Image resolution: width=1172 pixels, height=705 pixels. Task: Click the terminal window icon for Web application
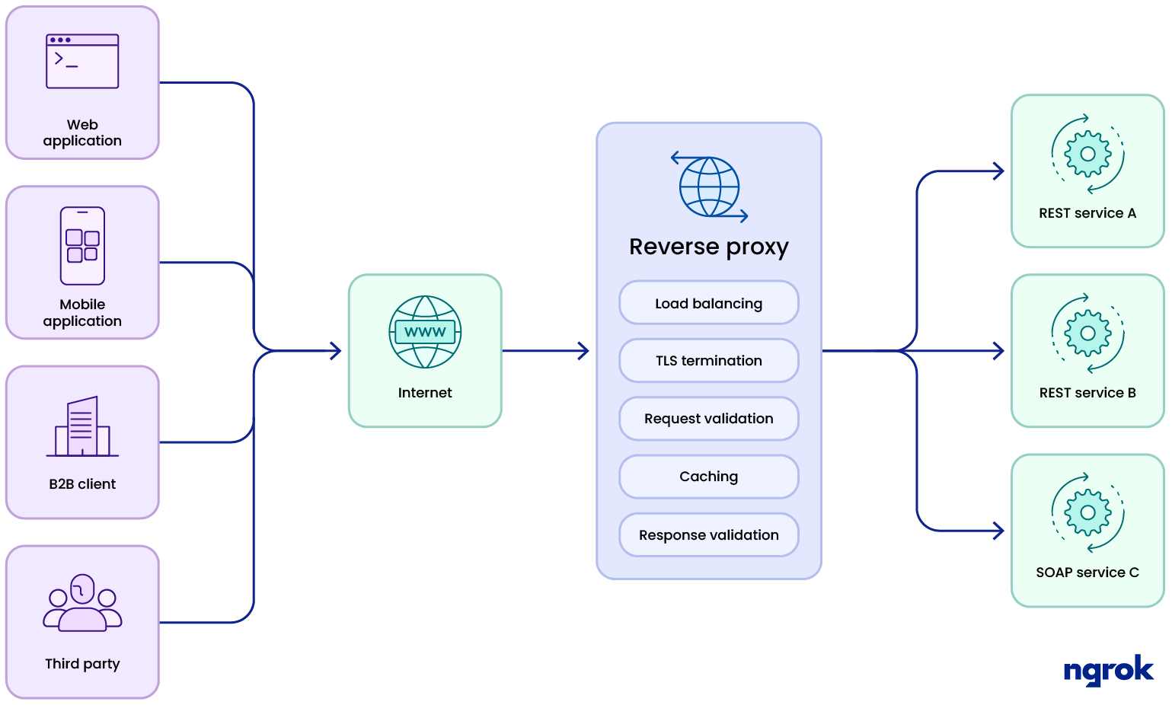pyautogui.click(x=82, y=62)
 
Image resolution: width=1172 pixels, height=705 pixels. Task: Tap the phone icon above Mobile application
pyautogui.click(x=82, y=246)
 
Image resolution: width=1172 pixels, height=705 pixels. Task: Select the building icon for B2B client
pyautogui.click(x=82, y=427)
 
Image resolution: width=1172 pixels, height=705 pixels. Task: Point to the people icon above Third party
pyautogui.click(x=82, y=604)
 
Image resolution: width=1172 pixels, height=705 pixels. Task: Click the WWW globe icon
pyautogui.click(x=425, y=332)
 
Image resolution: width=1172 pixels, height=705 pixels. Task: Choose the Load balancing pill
pyautogui.click(x=708, y=303)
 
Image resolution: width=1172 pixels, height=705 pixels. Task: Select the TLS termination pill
pyautogui.click(x=708, y=361)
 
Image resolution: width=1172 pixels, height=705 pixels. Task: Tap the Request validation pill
pyautogui.click(x=708, y=419)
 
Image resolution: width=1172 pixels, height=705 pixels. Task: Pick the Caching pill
pyautogui.click(x=708, y=477)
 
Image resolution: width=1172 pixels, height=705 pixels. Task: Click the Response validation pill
pyautogui.click(x=708, y=535)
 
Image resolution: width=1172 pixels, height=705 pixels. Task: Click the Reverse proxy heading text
pyautogui.click(x=708, y=247)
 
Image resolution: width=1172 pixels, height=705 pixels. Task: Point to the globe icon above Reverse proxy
pyautogui.click(x=709, y=187)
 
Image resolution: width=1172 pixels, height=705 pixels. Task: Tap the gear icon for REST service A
pyautogui.click(x=1087, y=154)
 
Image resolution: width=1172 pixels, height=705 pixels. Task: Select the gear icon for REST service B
pyautogui.click(x=1087, y=333)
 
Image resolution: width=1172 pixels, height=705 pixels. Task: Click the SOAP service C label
pyautogui.click(x=1087, y=573)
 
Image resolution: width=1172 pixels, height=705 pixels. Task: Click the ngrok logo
pyautogui.click(x=1108, y=671)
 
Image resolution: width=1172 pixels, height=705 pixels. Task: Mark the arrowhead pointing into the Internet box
pyautogui.click(x=336, y=351)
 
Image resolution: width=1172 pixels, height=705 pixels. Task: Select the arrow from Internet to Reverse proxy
pyautogui.click(x=545, y=351)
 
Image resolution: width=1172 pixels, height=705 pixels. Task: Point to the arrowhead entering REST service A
pyautogui.click(x=999, y=171)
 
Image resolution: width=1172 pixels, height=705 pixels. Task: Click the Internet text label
pyautogui.click(x=425, y=393)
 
